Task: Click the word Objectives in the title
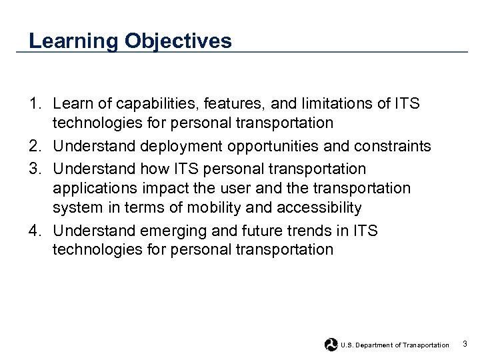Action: point(178,41)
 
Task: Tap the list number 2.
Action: point(35,146)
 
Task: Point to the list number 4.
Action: point(35,231)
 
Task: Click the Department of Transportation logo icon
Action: point(331,345)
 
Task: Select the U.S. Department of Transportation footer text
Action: point(395,345)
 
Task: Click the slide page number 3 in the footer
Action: point(465,344)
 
